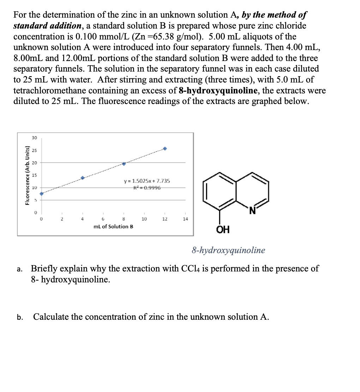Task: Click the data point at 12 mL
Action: point(165,149)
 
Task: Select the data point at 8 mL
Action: point(124,164)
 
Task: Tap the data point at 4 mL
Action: point(83,178)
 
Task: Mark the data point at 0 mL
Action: point(41,194)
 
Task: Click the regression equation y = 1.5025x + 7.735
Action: point(147,181)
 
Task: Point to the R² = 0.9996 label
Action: point(147,187)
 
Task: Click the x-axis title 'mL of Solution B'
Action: point(113,226)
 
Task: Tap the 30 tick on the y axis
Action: point(35,138)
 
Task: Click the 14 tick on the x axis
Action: point(185,219)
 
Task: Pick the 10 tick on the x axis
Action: point(144,219)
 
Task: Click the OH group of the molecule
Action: point(223,230)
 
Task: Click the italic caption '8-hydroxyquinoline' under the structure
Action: point(228,250)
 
